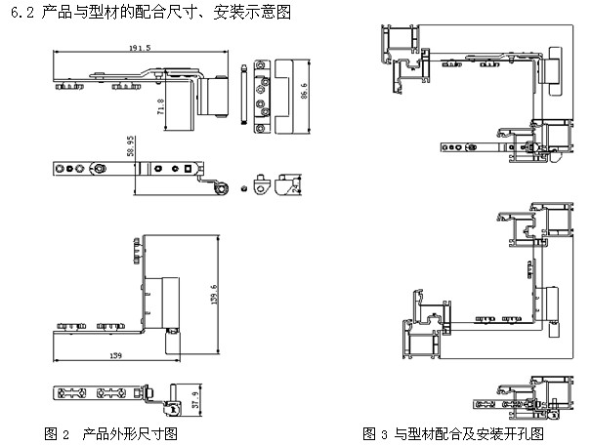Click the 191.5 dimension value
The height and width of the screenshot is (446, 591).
(144, 48)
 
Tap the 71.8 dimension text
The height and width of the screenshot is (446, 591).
(161, 104)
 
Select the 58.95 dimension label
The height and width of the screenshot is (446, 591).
(131, 147)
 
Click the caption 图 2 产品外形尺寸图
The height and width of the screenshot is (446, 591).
(110, 430)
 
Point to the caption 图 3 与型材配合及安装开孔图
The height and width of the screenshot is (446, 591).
(452, 431)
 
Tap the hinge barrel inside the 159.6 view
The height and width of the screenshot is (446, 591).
(172, 294)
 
